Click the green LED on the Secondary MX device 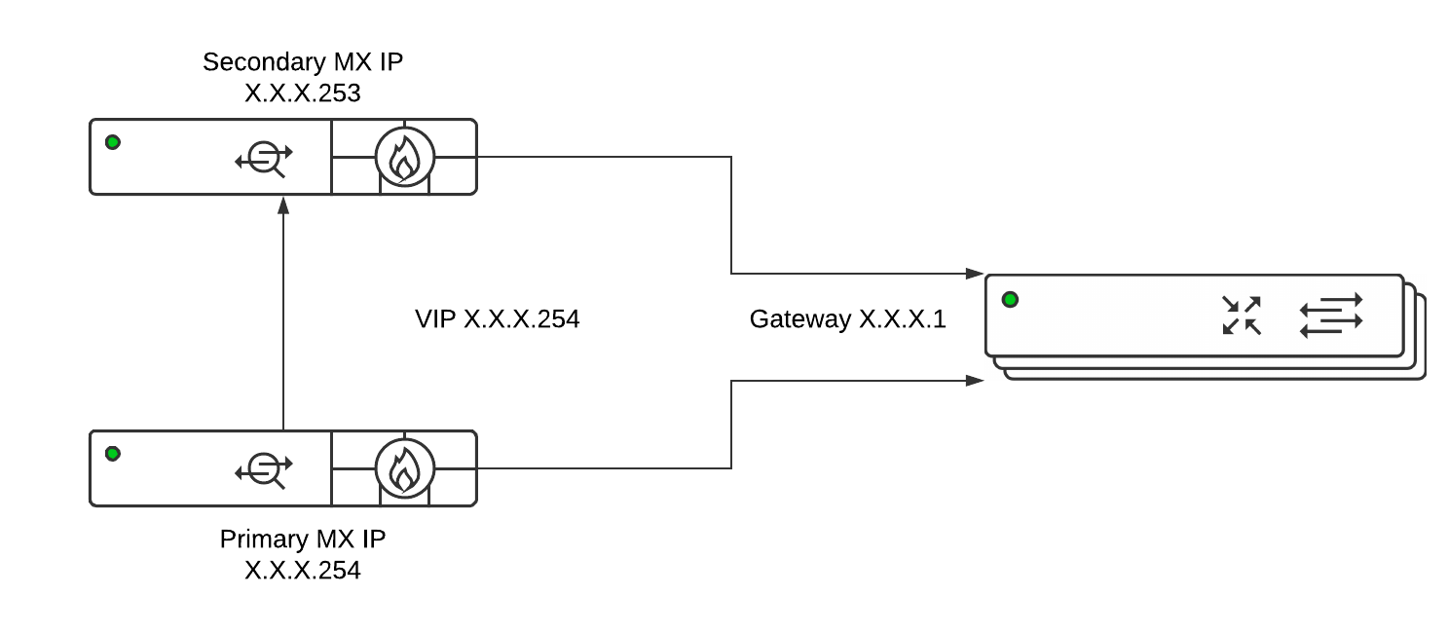pyautogui.click(x=113, y=143)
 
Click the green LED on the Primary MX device pyautogui.click(x=113, y=454)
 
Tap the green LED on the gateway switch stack pyautogui.click(x=1010, y=299)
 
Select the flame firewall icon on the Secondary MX pyautogui.click(x=404, y=158)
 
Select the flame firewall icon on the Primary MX pyautogui.click(x=404, y=468)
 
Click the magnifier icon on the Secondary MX pyautogui.click(x=264, y=158)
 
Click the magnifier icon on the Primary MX pyautogui.click(x=264, y=469)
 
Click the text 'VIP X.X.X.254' pyautogui.click(x=497, y=318)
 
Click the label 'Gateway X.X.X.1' pyautogui.click(x=847, y=318)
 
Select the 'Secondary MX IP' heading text pyautogui.click(x=302, y=62)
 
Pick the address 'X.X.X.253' pyautogui.click(x=302, y=93)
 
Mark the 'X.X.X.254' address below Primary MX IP pyautogui.click(x=302, y=571)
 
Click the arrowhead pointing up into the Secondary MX pyautogui.click(x=283, y=204)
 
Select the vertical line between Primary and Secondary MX pyautogui.click(x=283, y=321)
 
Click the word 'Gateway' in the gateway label pyautogui.click(x=798, y=318)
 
